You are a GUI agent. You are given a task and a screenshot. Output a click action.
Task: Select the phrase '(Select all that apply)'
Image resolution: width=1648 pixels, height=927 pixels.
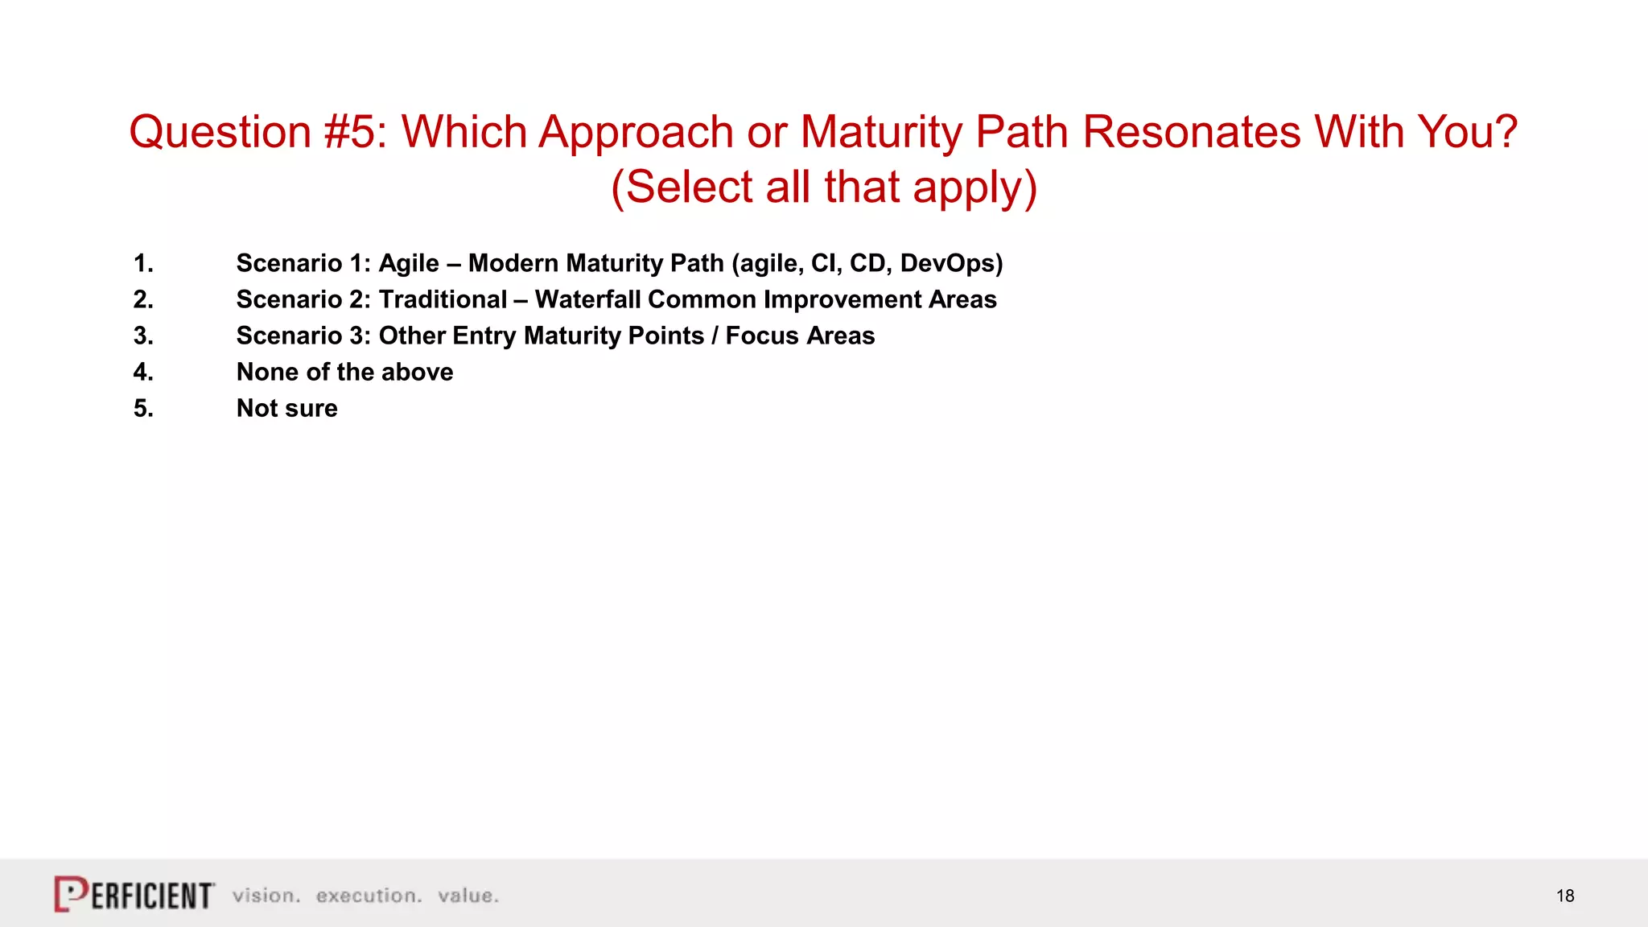pyautogui.click(x=824, y=187)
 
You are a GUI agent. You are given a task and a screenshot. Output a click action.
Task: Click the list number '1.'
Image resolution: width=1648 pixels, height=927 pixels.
pyautogui.click(x=143, y=263)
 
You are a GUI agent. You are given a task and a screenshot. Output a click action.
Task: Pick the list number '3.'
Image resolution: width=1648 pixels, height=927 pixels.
pyautogui.click(x=143, y=336)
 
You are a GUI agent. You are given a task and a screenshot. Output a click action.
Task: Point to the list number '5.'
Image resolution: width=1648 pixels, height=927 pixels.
pyautogui.click(x=143, y=408)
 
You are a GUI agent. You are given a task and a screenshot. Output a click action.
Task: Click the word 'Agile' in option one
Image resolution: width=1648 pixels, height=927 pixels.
pyautogui.click(x=409, y=263)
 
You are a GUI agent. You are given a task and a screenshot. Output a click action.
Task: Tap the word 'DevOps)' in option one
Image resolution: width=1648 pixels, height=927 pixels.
pyautogui.click(x=951, y=263)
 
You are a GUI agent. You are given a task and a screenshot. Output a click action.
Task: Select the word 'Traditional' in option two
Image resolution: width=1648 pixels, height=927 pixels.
pyautogui.click(x=443, y=299)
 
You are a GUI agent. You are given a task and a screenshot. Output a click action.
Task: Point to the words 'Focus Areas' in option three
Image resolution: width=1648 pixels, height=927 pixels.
pyautogui.click(x=800, y=336)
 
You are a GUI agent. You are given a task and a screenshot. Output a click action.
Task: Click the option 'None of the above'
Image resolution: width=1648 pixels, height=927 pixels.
pyautogui.click(x=344, y=372)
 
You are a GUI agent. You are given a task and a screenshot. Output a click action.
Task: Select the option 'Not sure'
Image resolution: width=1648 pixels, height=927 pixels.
pyautogui.click(x=286, y=408)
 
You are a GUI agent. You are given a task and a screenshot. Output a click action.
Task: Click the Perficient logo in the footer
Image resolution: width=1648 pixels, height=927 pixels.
pyautogui.click(x=134, y=894)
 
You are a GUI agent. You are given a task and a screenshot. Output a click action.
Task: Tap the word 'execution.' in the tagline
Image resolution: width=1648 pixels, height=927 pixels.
pyautogui.click(x=369, y=896)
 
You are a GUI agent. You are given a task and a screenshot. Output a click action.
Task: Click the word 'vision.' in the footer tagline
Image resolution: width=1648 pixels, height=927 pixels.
pyautogui.click(x=266, y=896)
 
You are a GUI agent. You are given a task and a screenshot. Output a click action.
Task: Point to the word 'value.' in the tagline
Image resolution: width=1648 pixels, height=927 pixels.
pyautogui.click(x=468, y=896)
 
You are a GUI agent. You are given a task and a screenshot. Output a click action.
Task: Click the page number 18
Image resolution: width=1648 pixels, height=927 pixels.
pyautogui.click(x=1565, y=896)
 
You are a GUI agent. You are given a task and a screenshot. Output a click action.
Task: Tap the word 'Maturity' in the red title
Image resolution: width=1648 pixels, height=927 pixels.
pyautogui.click(x=881, y=132)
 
